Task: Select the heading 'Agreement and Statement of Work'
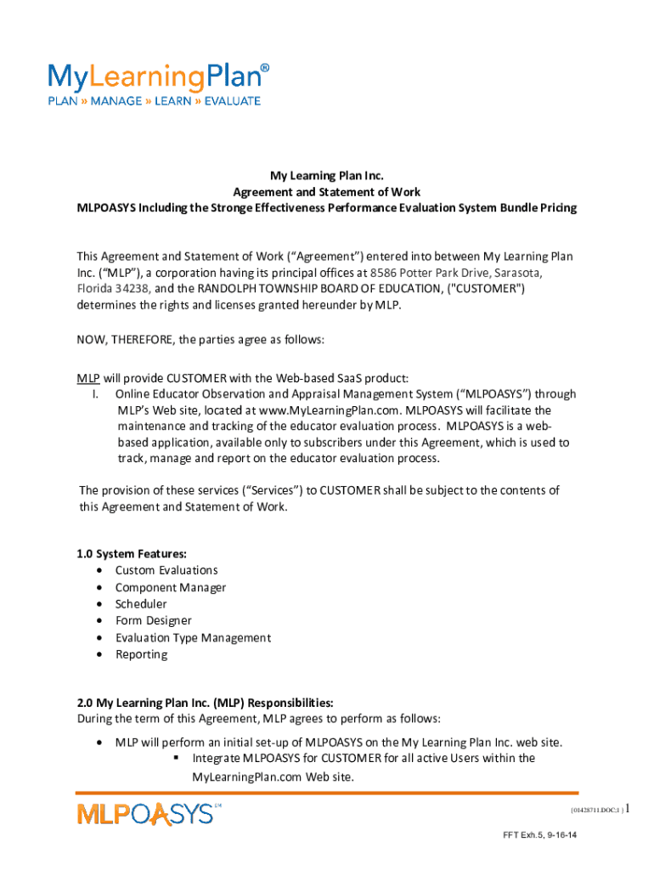(x=327, y=192)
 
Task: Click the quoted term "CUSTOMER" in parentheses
(x=483, y=289)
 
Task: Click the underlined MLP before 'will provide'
(x=88, y=377)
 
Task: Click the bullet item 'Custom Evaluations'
(x=166, y=570)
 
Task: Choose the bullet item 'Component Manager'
(x=171, y=587)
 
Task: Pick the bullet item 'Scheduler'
(x=142, y=604)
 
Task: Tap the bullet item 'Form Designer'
(x=154, y=621)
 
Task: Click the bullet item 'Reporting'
(x=141, y=654)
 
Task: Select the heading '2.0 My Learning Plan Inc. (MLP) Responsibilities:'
(x=205, y=703)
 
